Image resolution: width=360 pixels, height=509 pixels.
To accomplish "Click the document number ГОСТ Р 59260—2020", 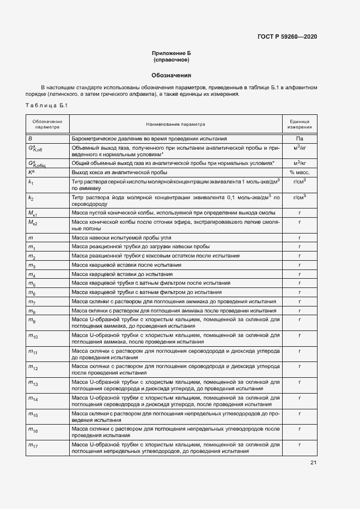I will tap(286, 36).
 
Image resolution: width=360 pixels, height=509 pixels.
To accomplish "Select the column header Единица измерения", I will tap(300, 125).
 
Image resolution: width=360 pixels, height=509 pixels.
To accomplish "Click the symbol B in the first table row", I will tap(30, 139).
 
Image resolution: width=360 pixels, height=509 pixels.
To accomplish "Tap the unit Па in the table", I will tap(300, 139).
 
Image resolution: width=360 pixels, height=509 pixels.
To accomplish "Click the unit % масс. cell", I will tap(300, 173).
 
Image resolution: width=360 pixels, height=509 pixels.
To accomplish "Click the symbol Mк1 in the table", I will tap(33, 212).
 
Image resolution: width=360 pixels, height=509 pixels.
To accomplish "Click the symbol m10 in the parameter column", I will tap(33, 337).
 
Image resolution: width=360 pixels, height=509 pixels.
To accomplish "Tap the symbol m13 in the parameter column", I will tap(33, 384).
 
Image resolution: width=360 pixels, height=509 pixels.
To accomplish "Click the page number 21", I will tap(313, 463).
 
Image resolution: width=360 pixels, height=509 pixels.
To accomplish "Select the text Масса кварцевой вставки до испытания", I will tap(123, 274).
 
